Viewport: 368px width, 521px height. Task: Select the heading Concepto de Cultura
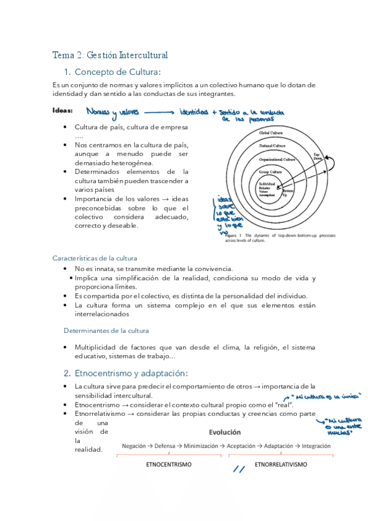point(116,72)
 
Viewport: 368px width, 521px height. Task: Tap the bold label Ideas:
point(62,111)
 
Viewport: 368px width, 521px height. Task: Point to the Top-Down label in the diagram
point(317,155)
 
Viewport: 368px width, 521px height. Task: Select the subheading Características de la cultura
point(95,258)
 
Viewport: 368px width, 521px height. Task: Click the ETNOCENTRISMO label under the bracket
point(168,464)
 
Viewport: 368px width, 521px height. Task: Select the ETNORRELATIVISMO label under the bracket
point(280,464)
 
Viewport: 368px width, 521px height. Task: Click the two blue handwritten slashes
point(240,470)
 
